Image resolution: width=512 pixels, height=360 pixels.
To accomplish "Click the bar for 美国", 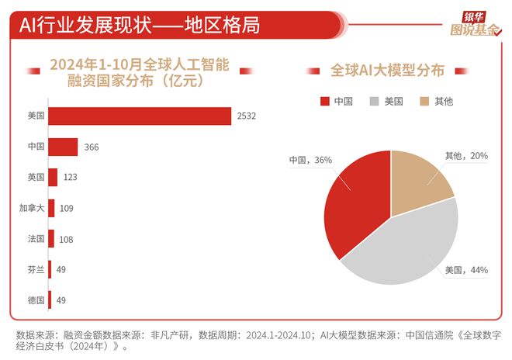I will point(140,116).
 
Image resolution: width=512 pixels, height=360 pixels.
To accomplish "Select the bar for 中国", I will point(63,147).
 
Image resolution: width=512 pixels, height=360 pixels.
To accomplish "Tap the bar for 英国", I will point(53,177).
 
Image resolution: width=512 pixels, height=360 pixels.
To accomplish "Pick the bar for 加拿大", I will point(51,208).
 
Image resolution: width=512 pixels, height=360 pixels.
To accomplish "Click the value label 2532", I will point(247,116).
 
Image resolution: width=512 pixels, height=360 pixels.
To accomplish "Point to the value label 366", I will point(90,147).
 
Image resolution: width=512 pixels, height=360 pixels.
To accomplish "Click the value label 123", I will point(69,178).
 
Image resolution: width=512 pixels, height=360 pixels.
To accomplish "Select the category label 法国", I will point(36,239).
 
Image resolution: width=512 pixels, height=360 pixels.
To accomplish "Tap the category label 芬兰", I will point(36,269).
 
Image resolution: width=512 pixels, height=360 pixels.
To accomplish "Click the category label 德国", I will point(36,299).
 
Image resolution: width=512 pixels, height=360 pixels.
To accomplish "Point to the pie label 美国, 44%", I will point(465,270).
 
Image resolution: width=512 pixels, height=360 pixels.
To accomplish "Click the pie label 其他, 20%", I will point(466,155).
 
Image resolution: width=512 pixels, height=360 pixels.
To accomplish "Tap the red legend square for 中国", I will point(324,102).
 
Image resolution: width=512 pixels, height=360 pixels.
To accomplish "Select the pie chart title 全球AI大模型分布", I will point(387,70).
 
